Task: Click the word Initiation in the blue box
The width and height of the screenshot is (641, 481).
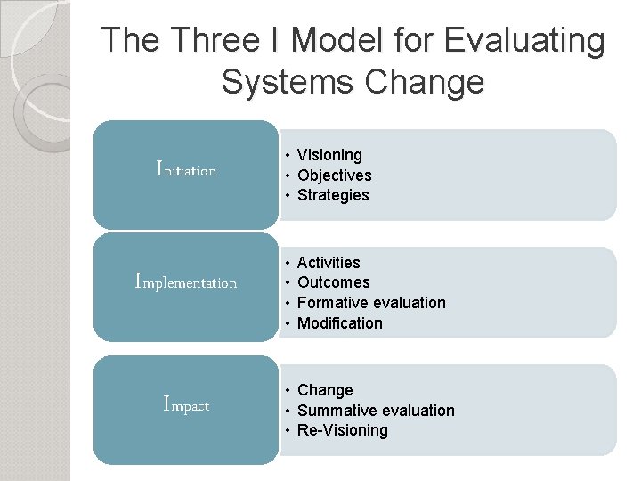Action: pos(186,168)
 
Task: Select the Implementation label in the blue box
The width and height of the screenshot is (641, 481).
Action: pos(185,282)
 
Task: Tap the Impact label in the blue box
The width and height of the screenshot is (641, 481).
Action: pos(186,404)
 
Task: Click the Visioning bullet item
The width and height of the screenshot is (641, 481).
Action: pos(329,155)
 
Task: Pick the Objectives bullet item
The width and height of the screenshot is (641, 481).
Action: pos(334,175)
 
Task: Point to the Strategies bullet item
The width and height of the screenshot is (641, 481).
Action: pos(333,195)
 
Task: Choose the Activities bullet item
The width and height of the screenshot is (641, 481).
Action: pos(329,263)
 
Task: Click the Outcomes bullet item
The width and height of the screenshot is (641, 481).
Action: pos(333,282)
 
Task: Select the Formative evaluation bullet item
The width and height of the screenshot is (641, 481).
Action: pos(371,303)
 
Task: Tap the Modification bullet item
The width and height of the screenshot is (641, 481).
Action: pos(339,323)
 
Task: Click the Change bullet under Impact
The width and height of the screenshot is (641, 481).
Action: pos(325,390)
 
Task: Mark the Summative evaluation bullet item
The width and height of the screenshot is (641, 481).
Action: pos(376,411)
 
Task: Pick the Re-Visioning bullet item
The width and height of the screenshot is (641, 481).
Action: pos(343,430)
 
